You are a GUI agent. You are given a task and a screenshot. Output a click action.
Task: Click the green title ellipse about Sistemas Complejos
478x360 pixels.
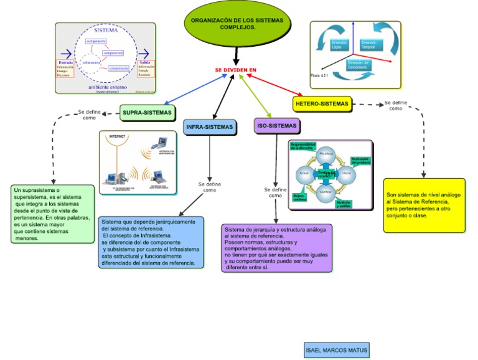coord(237,25)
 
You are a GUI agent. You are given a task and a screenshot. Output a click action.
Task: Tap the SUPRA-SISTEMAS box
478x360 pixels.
coord(148,113)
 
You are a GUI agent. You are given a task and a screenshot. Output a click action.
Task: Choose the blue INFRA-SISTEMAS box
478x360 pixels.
coord(210,127)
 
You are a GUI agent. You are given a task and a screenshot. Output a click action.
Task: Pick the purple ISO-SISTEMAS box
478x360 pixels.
coord(276,126)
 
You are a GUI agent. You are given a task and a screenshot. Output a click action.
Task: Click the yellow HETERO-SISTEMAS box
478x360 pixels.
coord(322,103)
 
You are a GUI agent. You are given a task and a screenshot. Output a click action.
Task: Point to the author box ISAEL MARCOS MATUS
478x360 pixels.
coord(336,351)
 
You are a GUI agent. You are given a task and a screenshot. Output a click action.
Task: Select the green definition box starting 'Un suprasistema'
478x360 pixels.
coord(53,214)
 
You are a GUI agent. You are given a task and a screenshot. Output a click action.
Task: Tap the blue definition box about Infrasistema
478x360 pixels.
coord(151,242)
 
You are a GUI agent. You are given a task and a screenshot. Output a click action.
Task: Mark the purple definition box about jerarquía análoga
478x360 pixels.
coord(277,248)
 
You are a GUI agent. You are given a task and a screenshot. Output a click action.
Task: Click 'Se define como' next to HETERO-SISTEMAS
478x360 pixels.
coord(395,105)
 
